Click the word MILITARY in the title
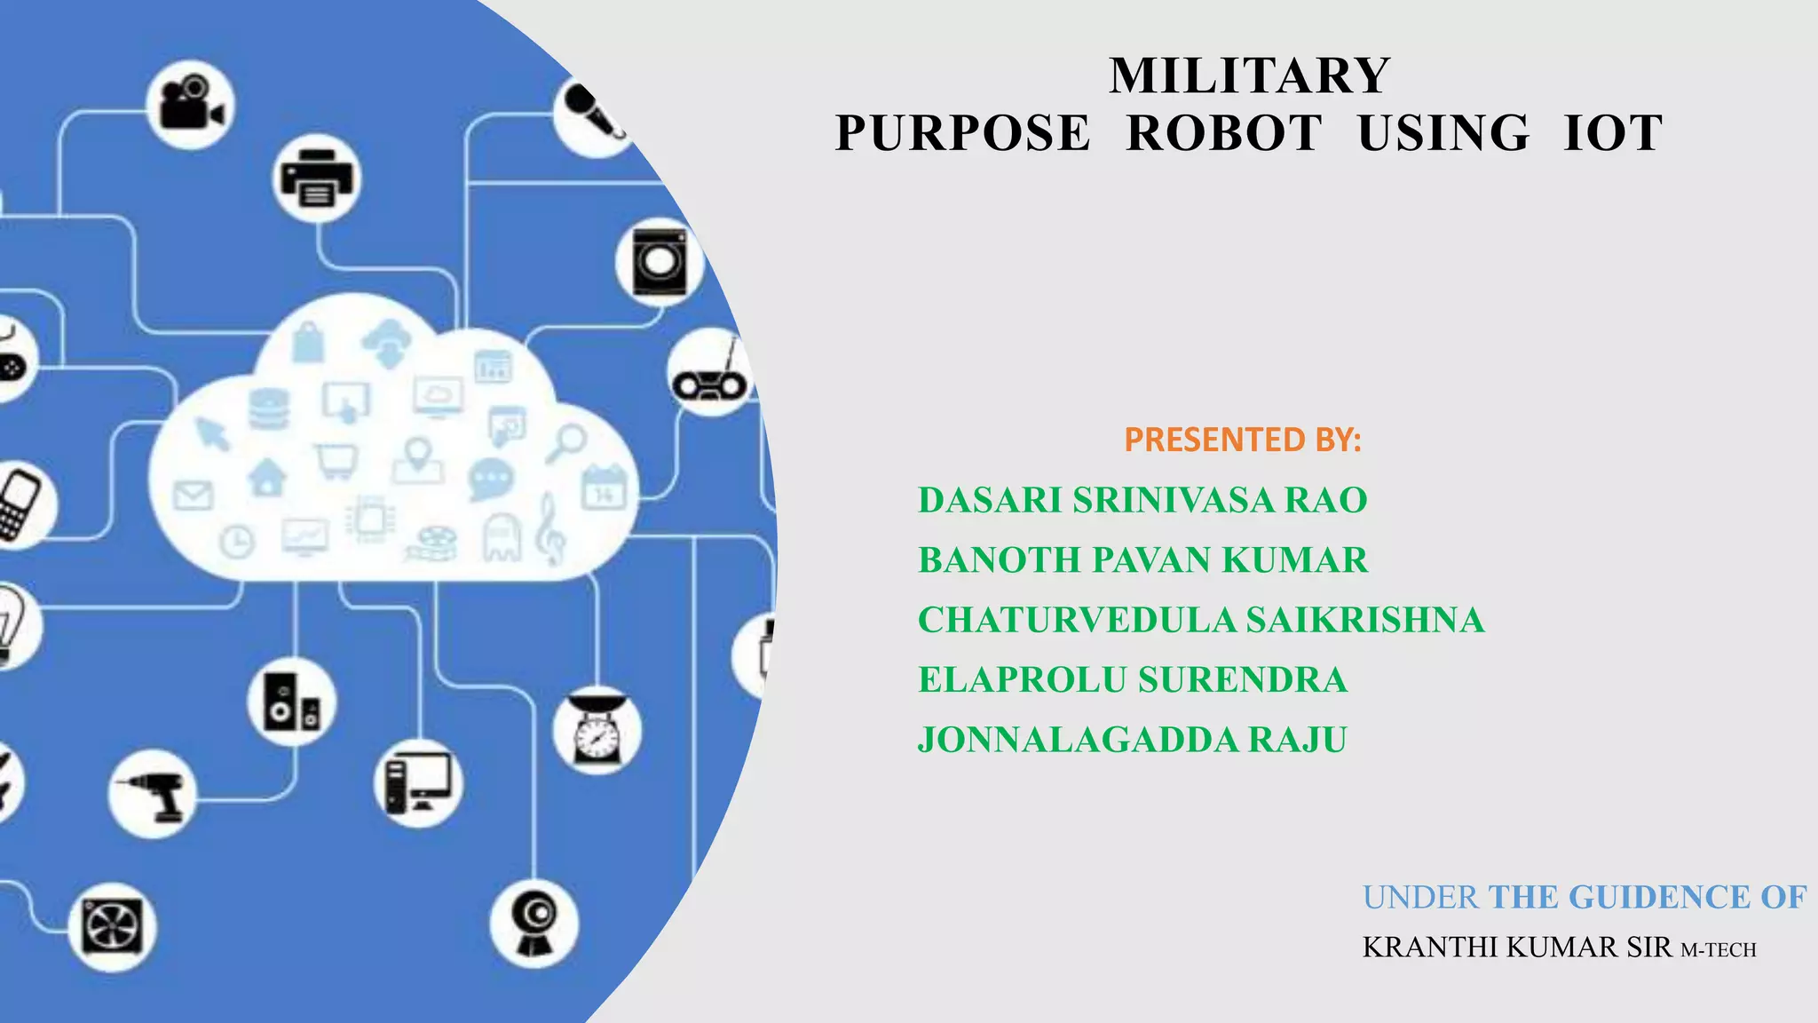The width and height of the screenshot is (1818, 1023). [1249, 75]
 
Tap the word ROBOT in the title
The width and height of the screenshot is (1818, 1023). [1224, 134]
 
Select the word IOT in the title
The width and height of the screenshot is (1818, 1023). [1613, 134]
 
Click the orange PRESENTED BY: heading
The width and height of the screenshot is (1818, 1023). [1242, 440]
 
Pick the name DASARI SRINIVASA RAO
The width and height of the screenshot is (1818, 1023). [1142, 501]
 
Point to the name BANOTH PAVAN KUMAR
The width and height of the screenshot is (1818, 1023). [1142, 560]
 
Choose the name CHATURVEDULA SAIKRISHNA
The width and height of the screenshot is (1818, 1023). [1200, 620]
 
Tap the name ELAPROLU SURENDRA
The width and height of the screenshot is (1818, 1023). [1133, 680]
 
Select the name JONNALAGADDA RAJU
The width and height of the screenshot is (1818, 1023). [1132, 740]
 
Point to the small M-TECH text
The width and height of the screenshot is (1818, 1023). [1719, 950]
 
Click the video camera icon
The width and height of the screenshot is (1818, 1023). [190, 105]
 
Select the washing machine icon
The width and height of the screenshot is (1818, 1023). [660, 262]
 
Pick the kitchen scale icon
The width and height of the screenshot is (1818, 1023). [597, 730]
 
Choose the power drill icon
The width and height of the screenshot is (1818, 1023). [153, 793]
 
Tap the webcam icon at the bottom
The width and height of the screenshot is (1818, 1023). [534, 924]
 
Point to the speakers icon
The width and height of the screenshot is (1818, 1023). [292, 702]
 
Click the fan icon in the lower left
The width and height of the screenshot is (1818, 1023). [112, 926]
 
